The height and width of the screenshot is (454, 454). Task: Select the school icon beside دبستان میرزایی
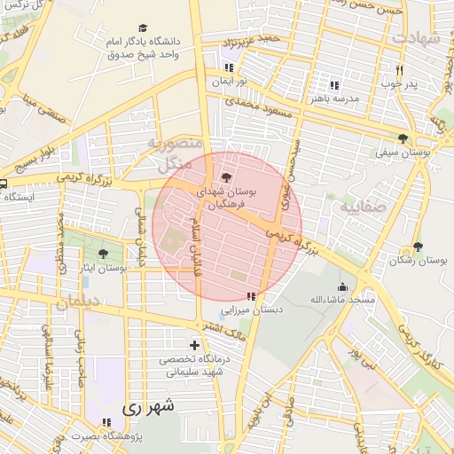(251, 296)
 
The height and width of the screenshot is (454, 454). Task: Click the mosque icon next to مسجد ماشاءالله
(342, 286)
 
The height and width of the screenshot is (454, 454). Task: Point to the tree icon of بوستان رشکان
(418, 247)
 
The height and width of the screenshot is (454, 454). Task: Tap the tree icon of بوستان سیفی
(403, 138)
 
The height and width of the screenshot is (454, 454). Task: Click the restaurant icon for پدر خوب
(400, 70)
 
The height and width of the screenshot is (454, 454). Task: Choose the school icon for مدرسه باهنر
(333, 85)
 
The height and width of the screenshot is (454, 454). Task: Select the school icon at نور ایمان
(230, 67)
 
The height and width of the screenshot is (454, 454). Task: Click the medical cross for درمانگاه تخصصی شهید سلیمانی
(194, 344)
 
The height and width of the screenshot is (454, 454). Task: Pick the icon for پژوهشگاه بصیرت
(106, 422)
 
